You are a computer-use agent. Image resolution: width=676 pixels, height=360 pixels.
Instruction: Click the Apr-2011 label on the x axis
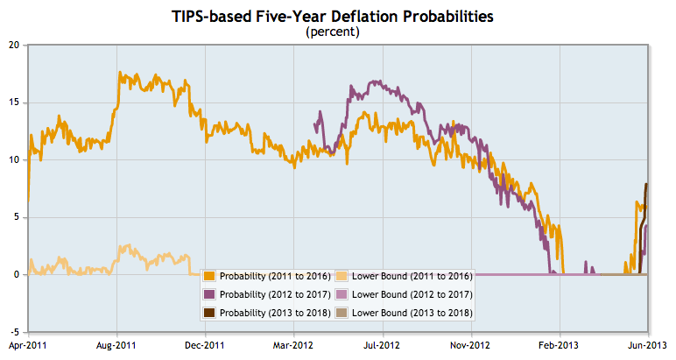(x=28, y=346)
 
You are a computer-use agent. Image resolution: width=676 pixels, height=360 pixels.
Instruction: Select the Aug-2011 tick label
(x=116, y=346)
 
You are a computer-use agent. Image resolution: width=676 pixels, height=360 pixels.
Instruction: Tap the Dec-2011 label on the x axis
(x=205, y=346)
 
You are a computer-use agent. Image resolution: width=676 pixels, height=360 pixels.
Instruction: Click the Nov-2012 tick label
(x=471, y=346)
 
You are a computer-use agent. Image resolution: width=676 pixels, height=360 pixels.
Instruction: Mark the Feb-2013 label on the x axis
(x=559, y=346)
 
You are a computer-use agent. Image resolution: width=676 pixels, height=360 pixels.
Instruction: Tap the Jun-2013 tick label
(x=646, y=346)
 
